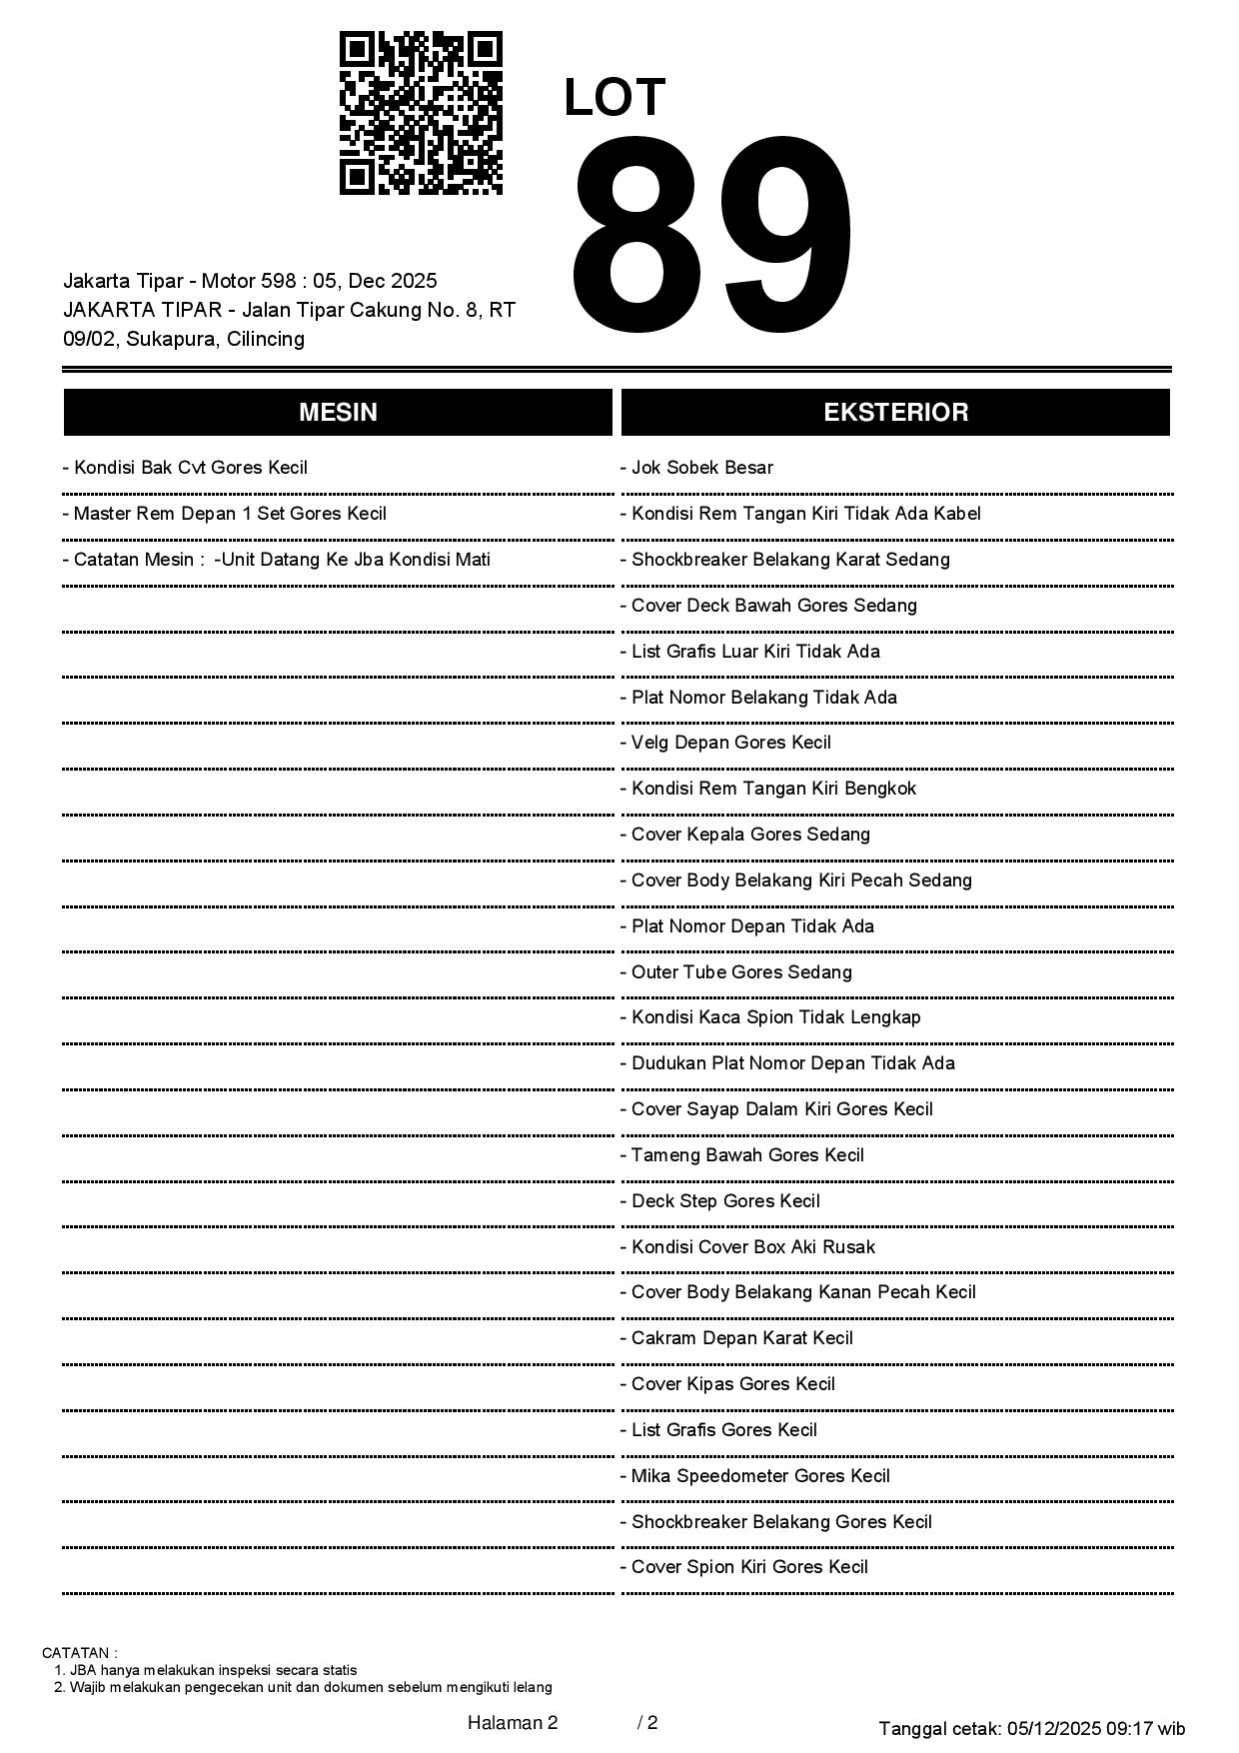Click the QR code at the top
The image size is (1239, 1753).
(x=421, y=113)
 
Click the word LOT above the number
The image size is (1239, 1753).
(x=615, y=98)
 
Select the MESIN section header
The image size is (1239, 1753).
(x=338, y=413)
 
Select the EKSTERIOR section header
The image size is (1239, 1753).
(x=895, y=413)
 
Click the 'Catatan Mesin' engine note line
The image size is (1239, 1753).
(x=281, y=560)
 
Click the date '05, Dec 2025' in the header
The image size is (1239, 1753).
(x=375, y=281)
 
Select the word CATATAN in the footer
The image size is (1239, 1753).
(x=79, y=1653)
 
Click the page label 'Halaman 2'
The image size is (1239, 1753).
(x=513, y=1722)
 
